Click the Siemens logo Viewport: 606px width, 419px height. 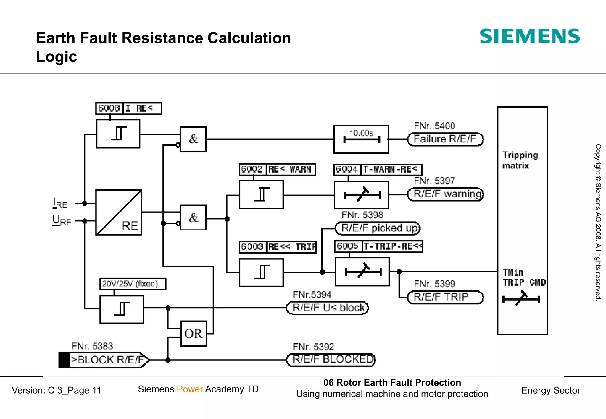click(529, 36)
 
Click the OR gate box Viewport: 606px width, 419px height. click(194, 334)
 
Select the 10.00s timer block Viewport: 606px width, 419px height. click(361, 139)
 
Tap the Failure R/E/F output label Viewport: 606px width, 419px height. click(445, 139)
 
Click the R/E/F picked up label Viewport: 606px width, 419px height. click(378, 228)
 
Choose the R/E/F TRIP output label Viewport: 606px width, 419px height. click(445, 297)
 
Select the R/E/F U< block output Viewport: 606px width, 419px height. click(328, 308)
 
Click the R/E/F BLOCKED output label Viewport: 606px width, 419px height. click(331, 360)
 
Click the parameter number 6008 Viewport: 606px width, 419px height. click(109, 108)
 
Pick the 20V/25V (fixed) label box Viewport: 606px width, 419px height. click(133, 284)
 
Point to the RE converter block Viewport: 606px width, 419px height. click(119, 212)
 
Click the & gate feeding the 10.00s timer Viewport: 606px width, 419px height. click(193, 139)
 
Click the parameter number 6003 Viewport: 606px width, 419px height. click(252, 247)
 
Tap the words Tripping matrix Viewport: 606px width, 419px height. click(520, 160)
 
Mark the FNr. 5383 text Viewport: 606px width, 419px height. click(92, 346)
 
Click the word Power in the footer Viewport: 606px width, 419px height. click(190, 389)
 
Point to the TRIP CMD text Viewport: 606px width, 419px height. click(524, 282)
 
